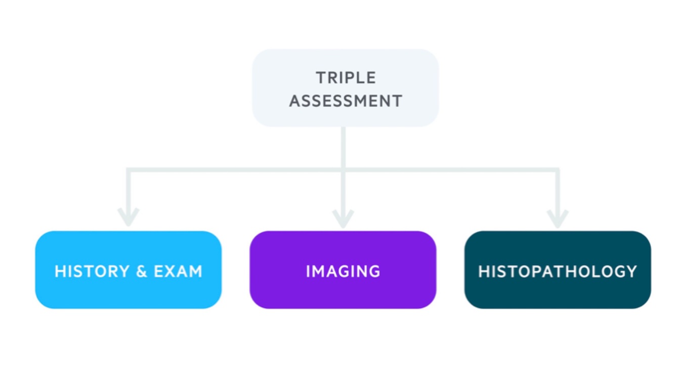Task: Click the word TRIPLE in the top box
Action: tap(346, 78)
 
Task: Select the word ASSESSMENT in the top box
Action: tap(346, 101)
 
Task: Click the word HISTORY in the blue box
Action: tap(92, 272)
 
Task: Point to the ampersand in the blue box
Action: tap(142, 272)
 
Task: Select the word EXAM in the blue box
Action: tap(178, 272)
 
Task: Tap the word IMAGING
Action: tap(343, 272)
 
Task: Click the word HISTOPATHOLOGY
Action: tap(558, 272)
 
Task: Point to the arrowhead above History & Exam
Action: tap(128, 218)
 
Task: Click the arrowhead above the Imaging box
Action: tap(343, 218)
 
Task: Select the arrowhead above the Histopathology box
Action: tap(558, 218)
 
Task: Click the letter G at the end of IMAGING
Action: tap(374, 272)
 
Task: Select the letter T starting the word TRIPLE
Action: tap(321, 78)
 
